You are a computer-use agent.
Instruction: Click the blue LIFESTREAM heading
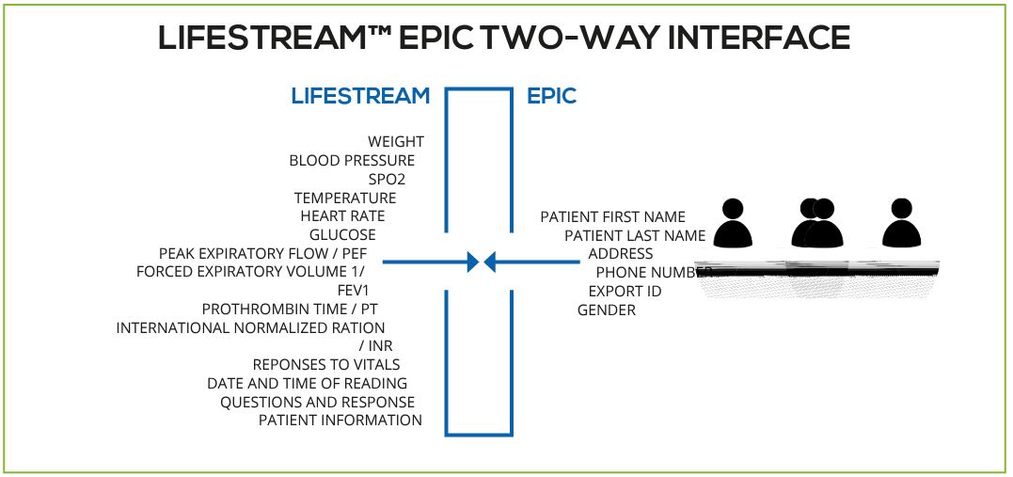(x=360, y=96)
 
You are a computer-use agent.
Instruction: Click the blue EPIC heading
(x=552, y=96)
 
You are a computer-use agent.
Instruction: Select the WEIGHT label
(x=395, y=142)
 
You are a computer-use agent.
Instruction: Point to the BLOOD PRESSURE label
(x=352, y=161)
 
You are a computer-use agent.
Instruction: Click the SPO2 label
(x=387, y=179)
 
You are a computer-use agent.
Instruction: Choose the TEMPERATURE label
(x=345, y=198)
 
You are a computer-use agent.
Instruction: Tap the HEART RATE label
(x=342, y=216)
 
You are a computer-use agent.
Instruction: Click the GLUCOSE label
(x=342, y=235)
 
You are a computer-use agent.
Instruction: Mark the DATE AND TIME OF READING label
(x=307, y=384)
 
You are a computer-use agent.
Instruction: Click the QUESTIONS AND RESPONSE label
(x=317, y=402)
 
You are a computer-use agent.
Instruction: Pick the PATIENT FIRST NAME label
(x=612, y=217)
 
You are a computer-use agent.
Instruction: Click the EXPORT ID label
(x=625, y=292)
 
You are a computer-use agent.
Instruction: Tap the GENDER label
(x=607, y=310)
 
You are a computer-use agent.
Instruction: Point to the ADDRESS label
(x=620, y=254)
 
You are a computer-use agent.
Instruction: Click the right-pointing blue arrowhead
(x=473, y=262)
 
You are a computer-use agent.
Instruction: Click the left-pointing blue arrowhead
(x=489, y=262)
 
